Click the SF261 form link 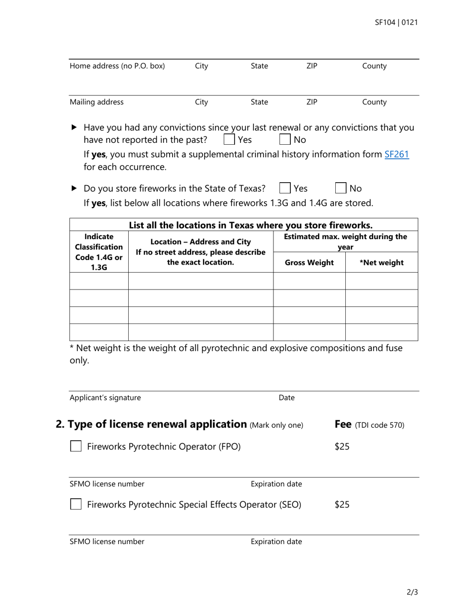[397, 154]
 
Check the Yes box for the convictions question [229, 139]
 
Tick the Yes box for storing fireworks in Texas [285, 188]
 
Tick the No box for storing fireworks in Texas [341, 188]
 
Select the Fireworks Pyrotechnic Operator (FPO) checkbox [76, 446]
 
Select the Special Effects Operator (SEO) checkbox [76, 504]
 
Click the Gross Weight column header [309, 263]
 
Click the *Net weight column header [382, 263]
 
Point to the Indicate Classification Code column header [99, 252]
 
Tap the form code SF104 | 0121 [396, 22]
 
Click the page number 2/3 [412, 593]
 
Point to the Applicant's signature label [105, 398]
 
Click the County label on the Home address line [374, 66]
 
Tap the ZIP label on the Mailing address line [311, 102]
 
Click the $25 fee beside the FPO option [342, 447]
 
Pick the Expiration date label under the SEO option [276, 542]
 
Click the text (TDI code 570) [379, 425]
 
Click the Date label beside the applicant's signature [286, 398]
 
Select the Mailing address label [96, 102]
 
